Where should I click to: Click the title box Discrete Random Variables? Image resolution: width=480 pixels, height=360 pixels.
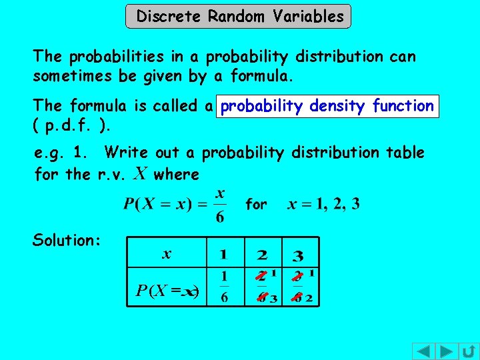click(x=238, y=16)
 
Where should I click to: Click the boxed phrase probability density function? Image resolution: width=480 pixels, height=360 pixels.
click(x=327, y=106)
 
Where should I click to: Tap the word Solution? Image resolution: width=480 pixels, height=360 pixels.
click(x=66, y=240)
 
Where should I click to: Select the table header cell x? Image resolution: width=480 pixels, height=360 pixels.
click(x=167, y=253)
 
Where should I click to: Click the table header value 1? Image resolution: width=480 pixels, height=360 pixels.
click(x=223, y=254)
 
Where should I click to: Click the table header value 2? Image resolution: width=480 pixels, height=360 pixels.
click(x=262, y=254)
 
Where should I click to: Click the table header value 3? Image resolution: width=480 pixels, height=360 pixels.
click(x=298, y=255)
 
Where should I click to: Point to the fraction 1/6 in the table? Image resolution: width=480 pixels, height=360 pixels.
click(x=224, y=286)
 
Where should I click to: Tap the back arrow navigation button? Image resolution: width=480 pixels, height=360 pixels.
click(x=423, y=351)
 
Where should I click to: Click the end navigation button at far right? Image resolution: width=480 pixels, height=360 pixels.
click(x=469, y=351)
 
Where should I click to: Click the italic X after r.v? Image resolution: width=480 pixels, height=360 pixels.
click(x=139, y=174)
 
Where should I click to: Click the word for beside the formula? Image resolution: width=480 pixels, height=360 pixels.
click(x=256, y=205)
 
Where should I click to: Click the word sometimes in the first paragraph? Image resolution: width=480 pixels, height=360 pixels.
click(x=73, y=76)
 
